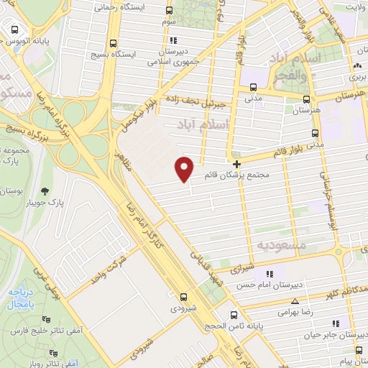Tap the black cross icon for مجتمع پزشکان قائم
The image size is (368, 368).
click(x=236, y=165)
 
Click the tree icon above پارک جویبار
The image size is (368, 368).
click(x=45, y=190)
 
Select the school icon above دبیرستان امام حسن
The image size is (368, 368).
click(x=270, y=274)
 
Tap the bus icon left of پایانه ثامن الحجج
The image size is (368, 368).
click(x=233, y=315)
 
